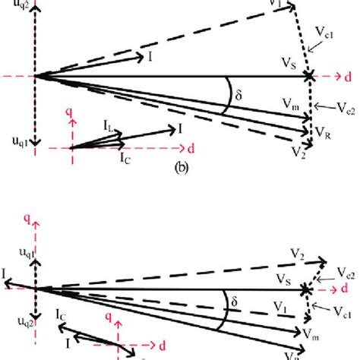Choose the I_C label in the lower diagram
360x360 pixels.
[x=64, y=312]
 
